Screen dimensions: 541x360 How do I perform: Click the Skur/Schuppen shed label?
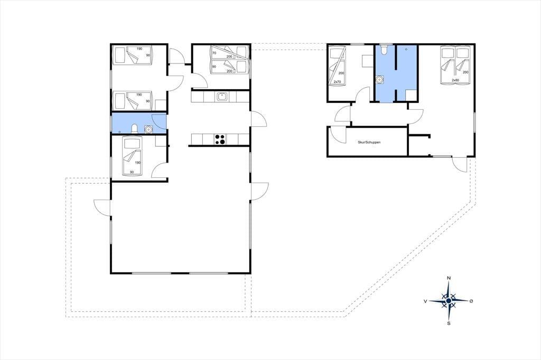click(x=369, y=142)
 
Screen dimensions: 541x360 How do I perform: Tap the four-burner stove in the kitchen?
click(x=220, y=139)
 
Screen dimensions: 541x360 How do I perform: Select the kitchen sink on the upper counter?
click(x=221, y=97)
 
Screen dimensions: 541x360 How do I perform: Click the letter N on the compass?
click(x=449, y=278)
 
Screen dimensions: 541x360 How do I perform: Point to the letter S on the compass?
click(x=449, y=324)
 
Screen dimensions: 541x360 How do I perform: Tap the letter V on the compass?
click(x=425, y=301)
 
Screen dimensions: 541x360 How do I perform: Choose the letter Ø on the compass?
click(x=471, y=301)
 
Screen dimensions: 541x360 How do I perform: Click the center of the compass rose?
click(x=449, y=301)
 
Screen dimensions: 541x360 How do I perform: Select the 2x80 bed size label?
click(x=455, y=80)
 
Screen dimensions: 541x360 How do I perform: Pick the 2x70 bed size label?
click(x=337, y=82)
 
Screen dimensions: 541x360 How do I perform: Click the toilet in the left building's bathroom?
click(x=135, y=128)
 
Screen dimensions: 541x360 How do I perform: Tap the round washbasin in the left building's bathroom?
click(x=148, y=129)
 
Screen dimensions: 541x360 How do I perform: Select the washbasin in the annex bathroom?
click(x=380, y=80)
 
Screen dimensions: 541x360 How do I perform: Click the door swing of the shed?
click(x=338, y=135)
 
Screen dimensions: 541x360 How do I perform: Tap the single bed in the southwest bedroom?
click(x=132, y=156)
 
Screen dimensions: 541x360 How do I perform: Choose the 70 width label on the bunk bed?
click(x=214, y=53)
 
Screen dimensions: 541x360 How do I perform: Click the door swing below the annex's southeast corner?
click(x=460, y=164)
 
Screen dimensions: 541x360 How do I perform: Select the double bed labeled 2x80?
click(x=455, y=66)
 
